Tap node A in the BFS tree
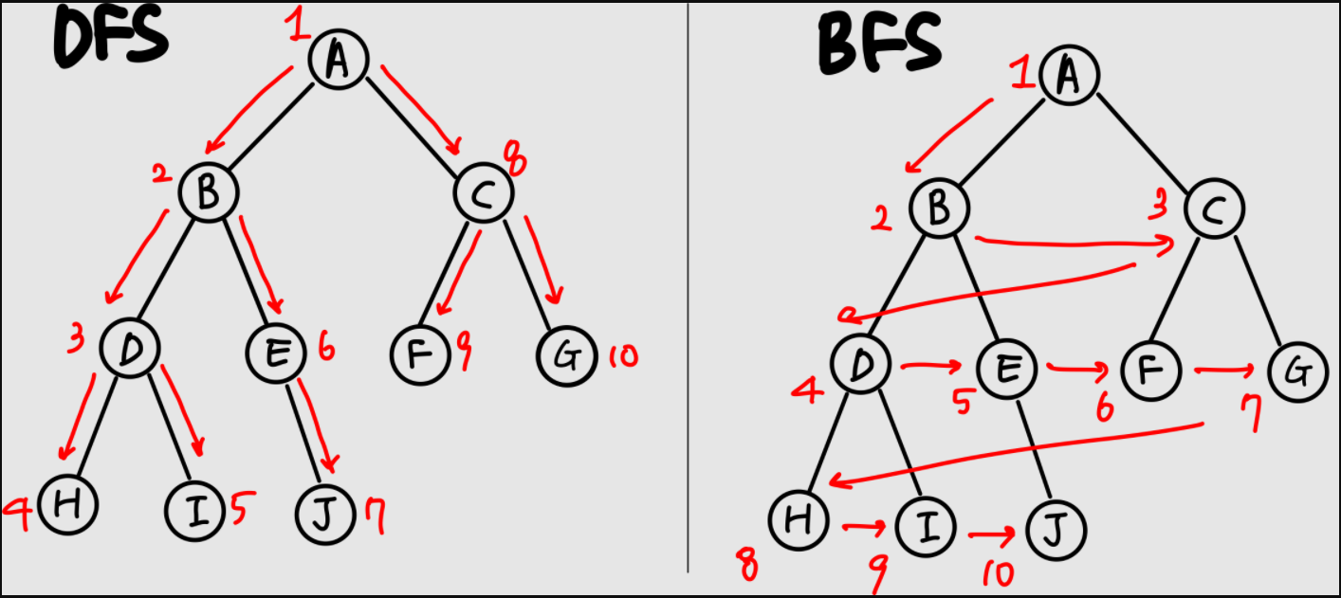[1069, 76]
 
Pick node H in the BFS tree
[798, 518]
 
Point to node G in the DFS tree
[566, 356]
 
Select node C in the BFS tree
[1214, 210]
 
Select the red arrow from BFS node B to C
[1072, 243]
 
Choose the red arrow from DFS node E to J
[318, 426]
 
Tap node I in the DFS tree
[194, 511]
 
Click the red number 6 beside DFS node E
[325, 352]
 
